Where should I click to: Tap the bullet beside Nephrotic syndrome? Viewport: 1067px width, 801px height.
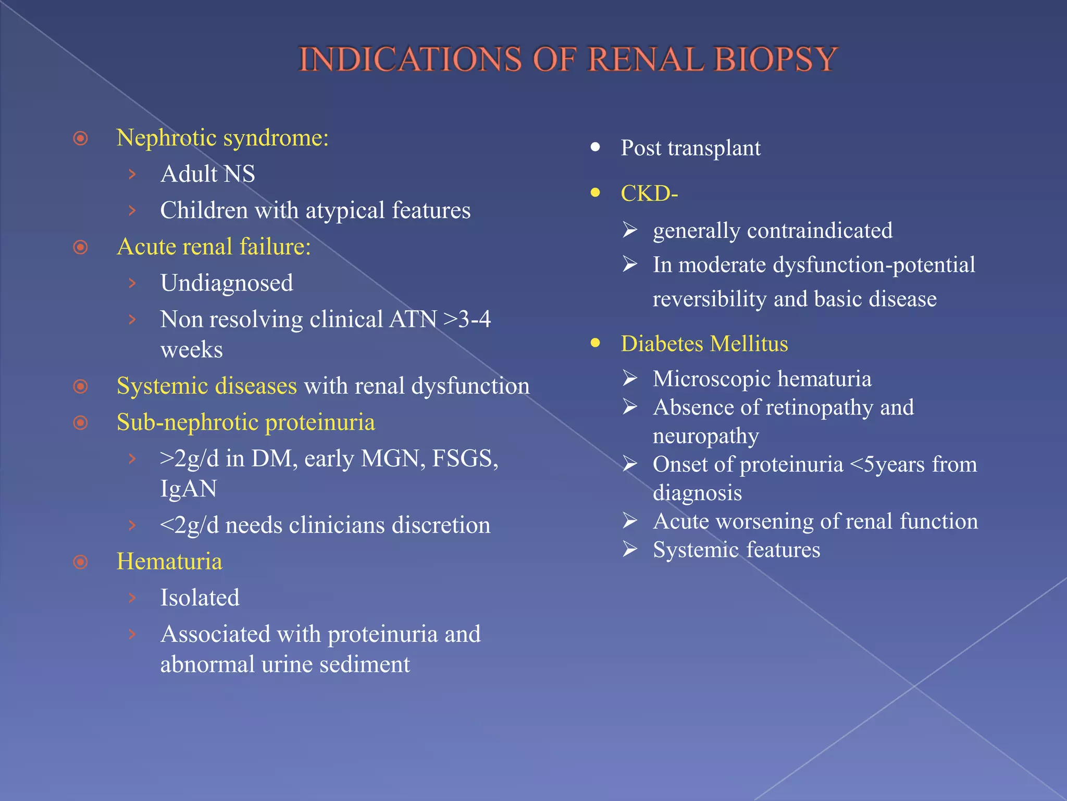coord(80,139)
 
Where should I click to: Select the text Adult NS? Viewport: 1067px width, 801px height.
coord(207,174)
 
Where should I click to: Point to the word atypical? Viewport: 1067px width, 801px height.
coord(345,211)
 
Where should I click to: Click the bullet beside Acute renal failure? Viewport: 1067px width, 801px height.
coord(80,247)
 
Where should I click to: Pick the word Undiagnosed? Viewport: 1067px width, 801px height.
coord(227,283)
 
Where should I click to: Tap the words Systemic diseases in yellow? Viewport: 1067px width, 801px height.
coord(206,386)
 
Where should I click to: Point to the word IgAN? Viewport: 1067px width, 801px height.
coord(188,489)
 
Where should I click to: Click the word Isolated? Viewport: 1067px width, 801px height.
coord(200,598)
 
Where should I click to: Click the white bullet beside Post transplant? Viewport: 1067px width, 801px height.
coord(595,148)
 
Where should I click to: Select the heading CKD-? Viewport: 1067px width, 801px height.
coord(649,193)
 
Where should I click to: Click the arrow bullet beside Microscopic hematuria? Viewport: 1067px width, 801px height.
coord(630,378)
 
